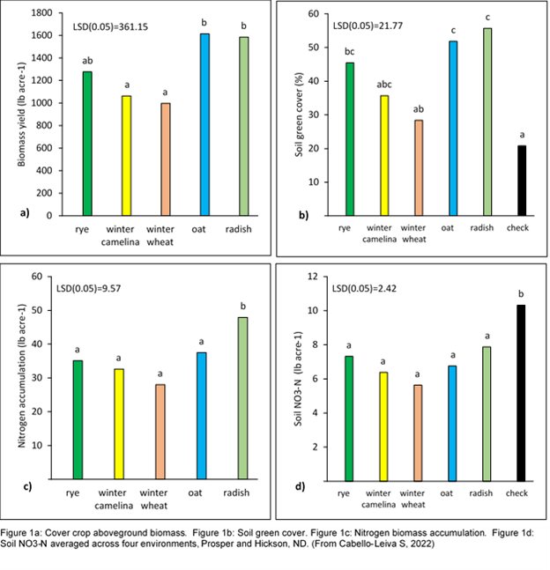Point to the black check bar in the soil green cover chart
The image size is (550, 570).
click(521, 181)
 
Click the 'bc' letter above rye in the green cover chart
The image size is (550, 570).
click(350, 51)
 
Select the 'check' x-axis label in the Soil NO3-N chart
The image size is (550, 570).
click(521, 493)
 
